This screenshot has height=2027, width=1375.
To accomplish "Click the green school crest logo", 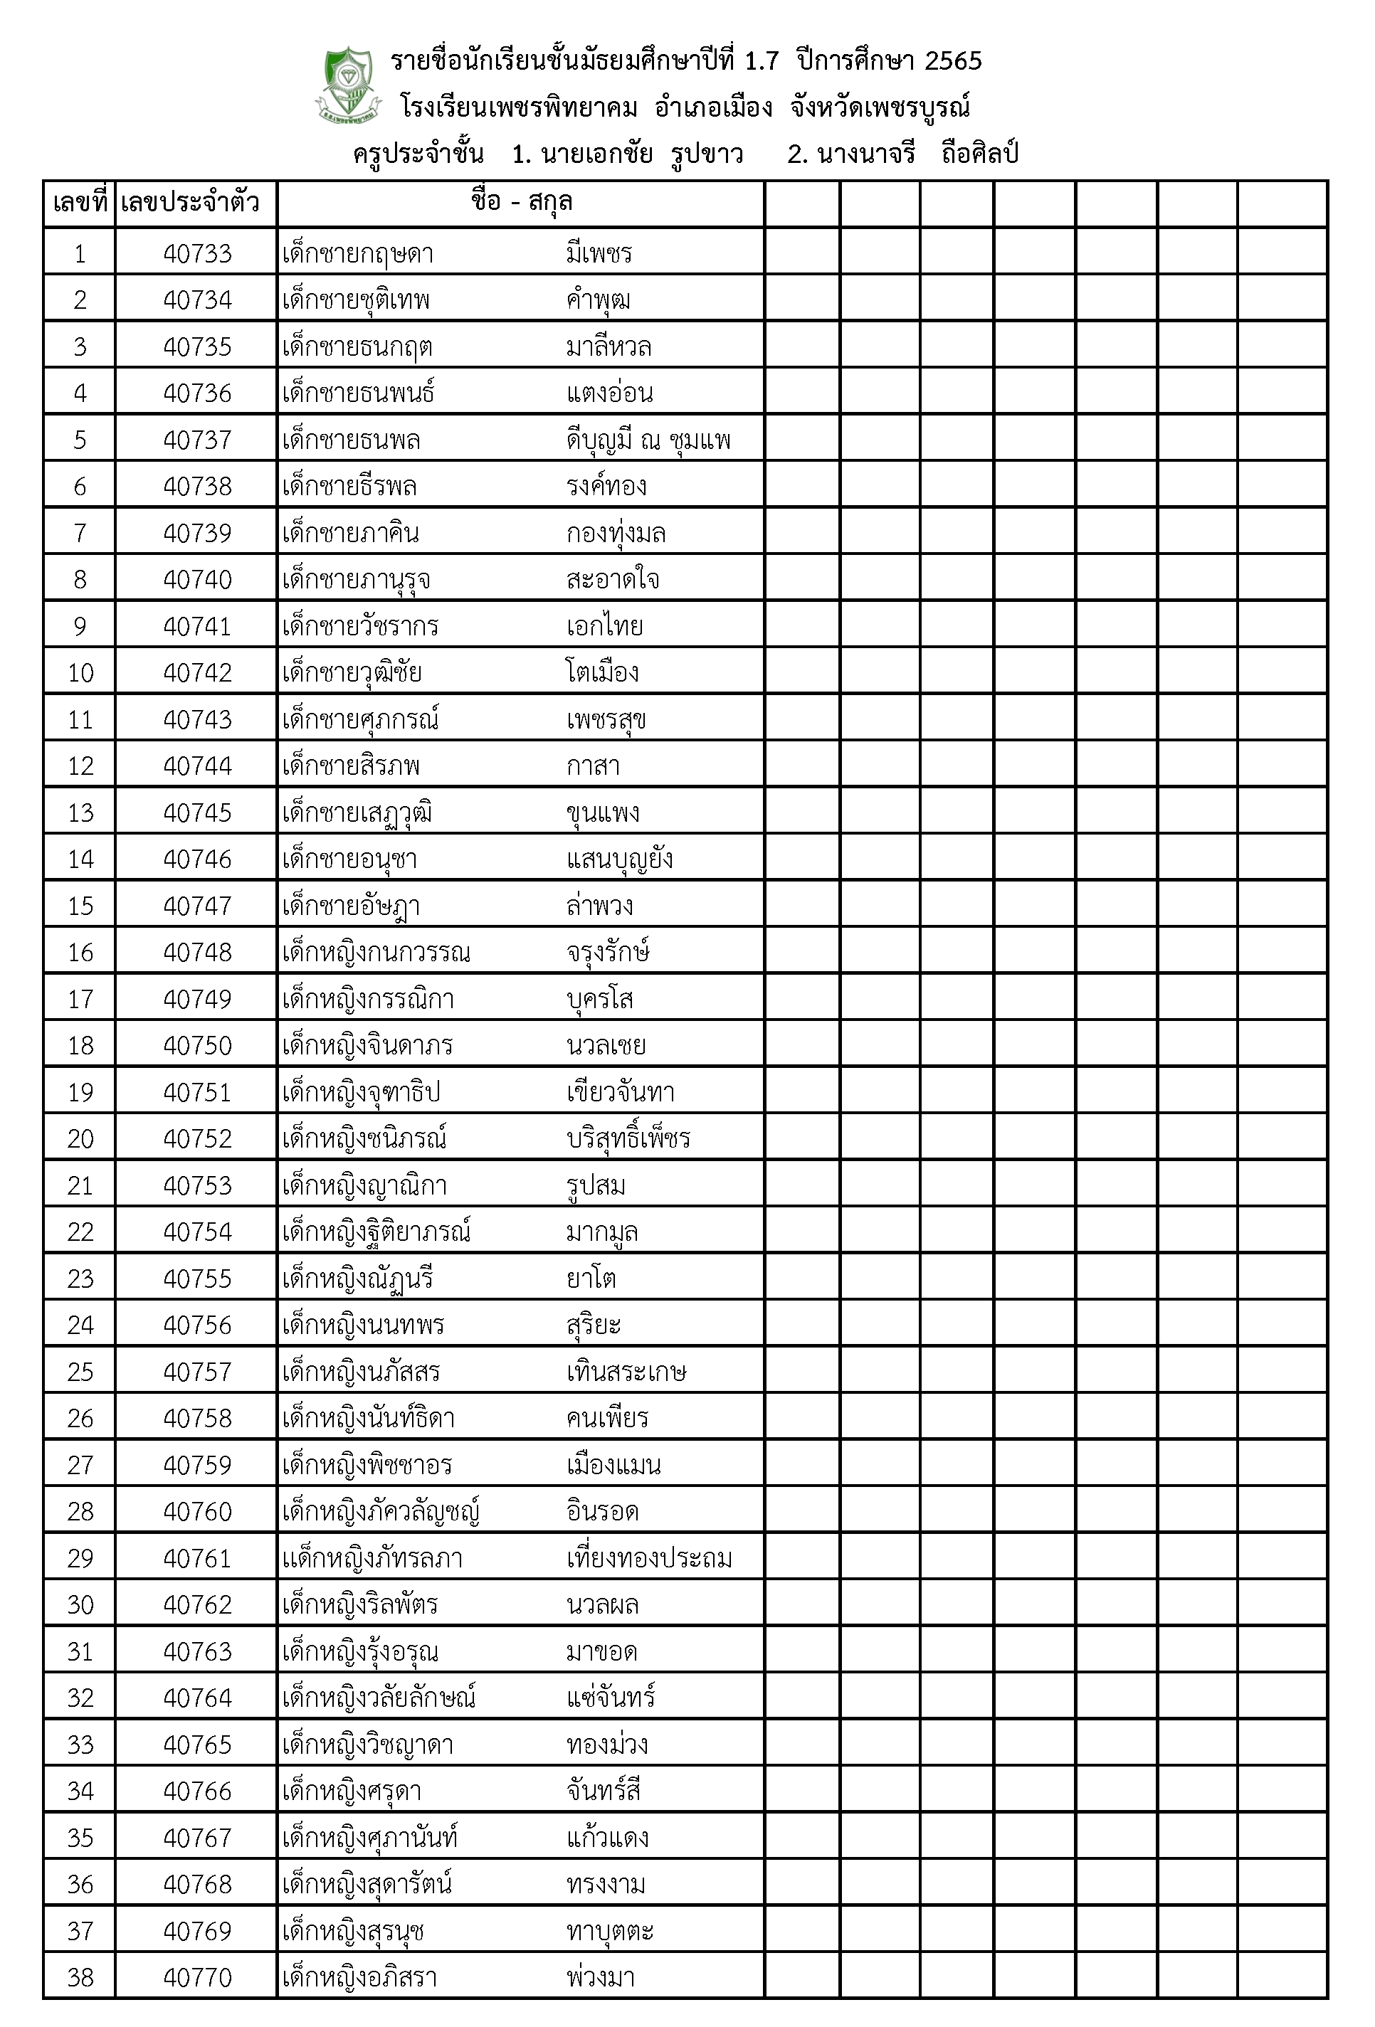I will (x=348, y=85).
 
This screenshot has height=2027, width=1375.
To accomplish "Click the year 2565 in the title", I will (x=953, y=61).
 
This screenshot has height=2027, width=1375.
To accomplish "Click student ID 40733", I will (x=197, y=254).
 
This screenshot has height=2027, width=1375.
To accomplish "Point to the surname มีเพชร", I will (x=599, y=254).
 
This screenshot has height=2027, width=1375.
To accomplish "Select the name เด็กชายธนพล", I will (x=352, y=440).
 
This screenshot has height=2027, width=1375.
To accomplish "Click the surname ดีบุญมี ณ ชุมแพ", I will (x=648, y=440).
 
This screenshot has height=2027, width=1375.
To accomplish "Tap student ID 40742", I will (x=197, y=673).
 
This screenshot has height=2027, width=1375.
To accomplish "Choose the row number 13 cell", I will (x=80, y=813).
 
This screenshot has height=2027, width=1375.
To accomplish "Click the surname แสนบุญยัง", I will (x=619, y=860).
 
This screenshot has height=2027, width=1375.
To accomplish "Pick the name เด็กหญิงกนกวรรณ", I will (x=376, y=953).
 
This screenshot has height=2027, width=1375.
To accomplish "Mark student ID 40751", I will (x=197, y=1093).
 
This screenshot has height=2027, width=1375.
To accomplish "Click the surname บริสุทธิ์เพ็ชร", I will (x=628, y=1139).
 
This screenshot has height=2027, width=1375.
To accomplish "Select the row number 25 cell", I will (x=80, y=1372).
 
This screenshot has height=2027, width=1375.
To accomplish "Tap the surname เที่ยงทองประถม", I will (x=649, y=1559).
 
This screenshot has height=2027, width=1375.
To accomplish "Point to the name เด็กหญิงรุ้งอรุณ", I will (x=360, y=1652).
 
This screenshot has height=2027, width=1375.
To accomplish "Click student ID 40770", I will (x=197, y=1978).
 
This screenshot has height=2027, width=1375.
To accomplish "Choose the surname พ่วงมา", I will (x=600, y=1978).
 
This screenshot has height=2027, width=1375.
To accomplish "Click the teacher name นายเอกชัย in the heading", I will (x=597, y=154).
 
